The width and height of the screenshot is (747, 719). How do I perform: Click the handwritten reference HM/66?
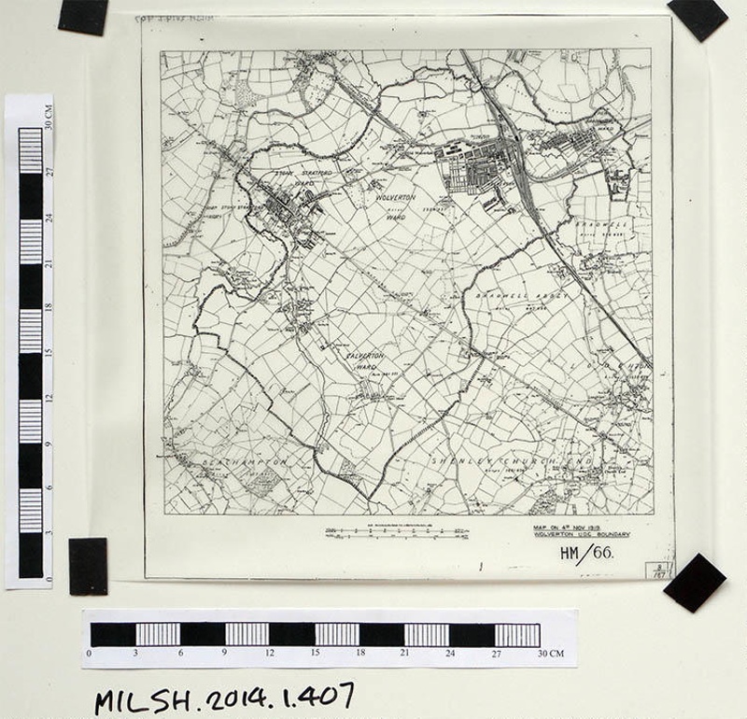click(x=585, y=553)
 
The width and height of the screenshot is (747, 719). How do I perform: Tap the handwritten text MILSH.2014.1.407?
click(x=223, y=696)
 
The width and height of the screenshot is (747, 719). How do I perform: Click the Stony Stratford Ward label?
click(x=295, y=178)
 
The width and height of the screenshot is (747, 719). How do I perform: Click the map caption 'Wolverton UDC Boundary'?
click(x=572, y=534)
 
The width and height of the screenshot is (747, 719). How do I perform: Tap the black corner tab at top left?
click(x=83, y=16)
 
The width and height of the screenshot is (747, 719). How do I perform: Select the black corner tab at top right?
click(x=697, y=18)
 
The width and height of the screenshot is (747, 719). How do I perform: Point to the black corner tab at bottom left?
click(x=88, y=566)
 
